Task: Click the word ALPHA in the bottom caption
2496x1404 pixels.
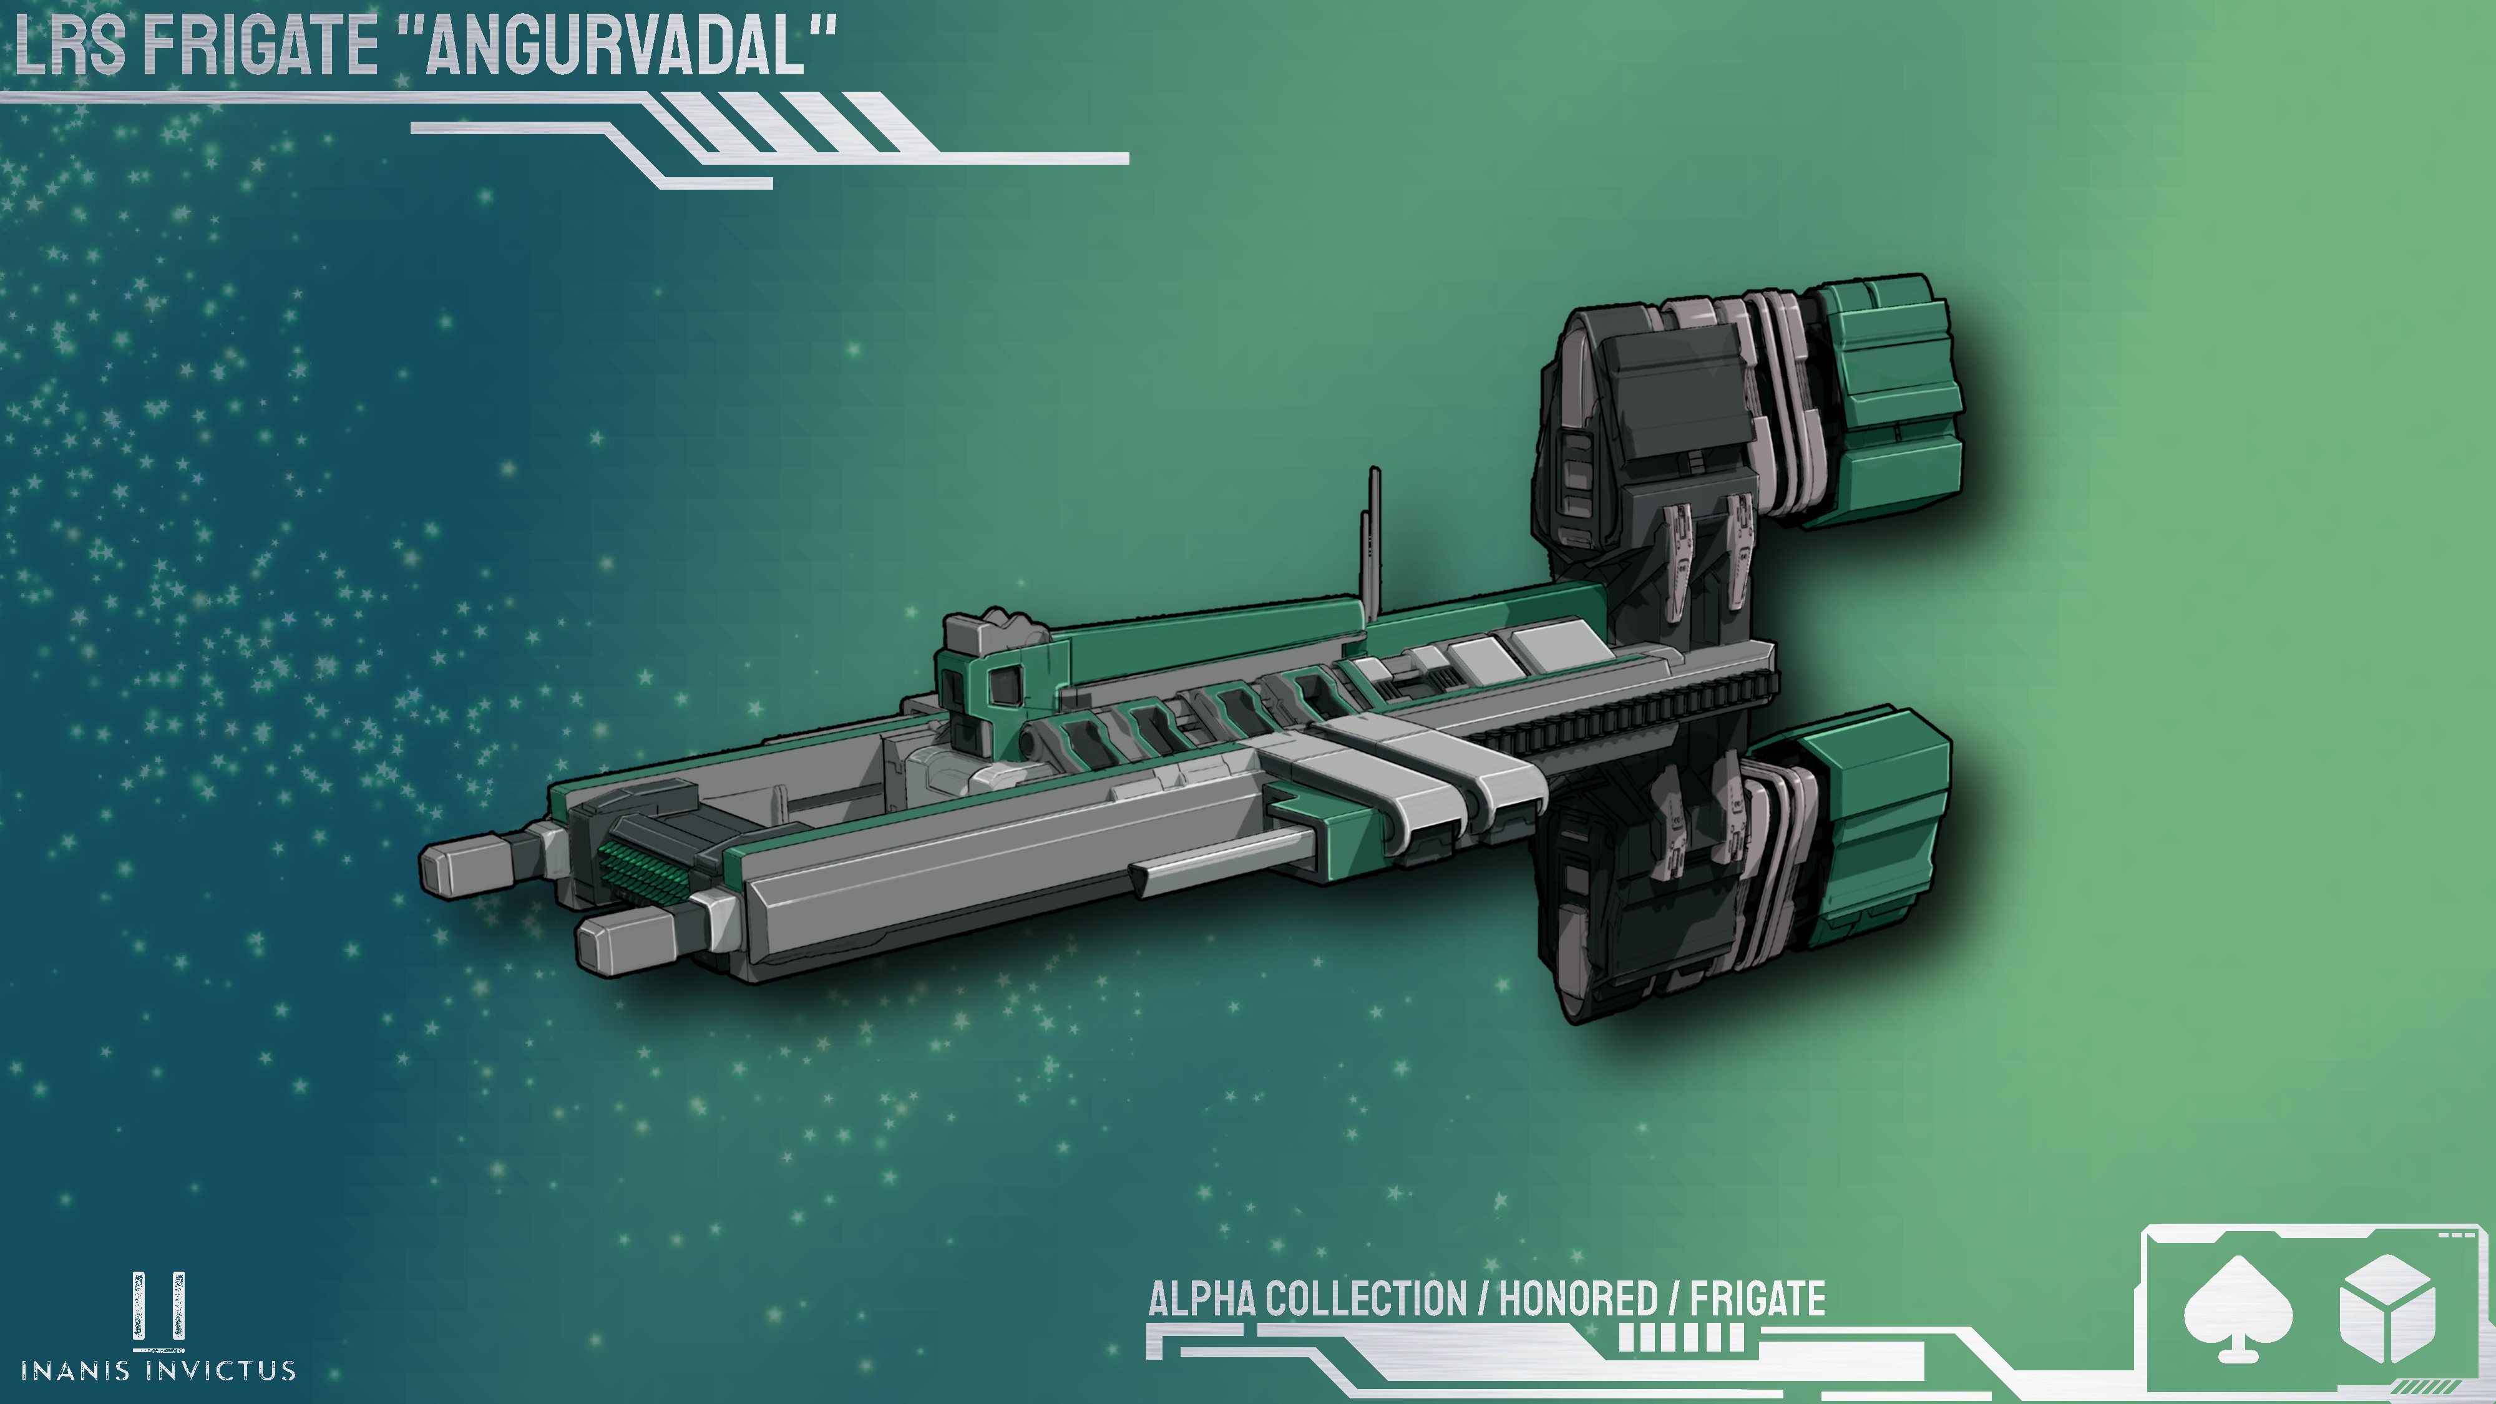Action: (x=1201, y=1299)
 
